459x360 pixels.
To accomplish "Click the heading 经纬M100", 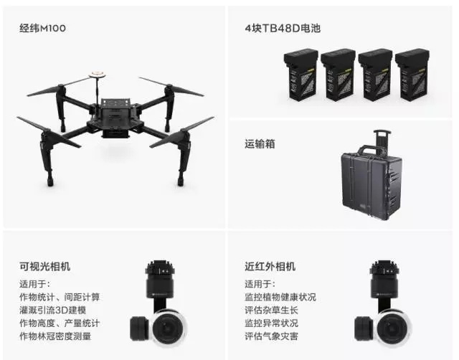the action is pos(43,29).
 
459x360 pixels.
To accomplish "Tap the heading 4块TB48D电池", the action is pos(283,29).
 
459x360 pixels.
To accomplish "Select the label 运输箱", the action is pos(260,144).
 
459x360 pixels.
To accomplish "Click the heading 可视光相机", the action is pos(44,266).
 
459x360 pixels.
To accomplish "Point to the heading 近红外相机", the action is pos(270,266).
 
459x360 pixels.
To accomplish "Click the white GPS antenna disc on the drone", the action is pos(98,73).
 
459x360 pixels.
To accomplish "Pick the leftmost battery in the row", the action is pos(301,75).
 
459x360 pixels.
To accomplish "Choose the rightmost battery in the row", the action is pos(412,75).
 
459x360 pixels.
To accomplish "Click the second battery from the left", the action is pos(338,75).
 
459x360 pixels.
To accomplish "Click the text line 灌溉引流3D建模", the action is pos(52,310).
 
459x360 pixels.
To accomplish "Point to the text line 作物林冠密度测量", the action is pos(55,336).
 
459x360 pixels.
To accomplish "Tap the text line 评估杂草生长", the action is pos(271,310).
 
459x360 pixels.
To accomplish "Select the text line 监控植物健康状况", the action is pos(280,297).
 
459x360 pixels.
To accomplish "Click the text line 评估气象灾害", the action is pos(271,336).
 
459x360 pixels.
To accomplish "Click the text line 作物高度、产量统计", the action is pos(60,323).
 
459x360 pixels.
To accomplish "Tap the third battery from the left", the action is pos(375,75).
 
